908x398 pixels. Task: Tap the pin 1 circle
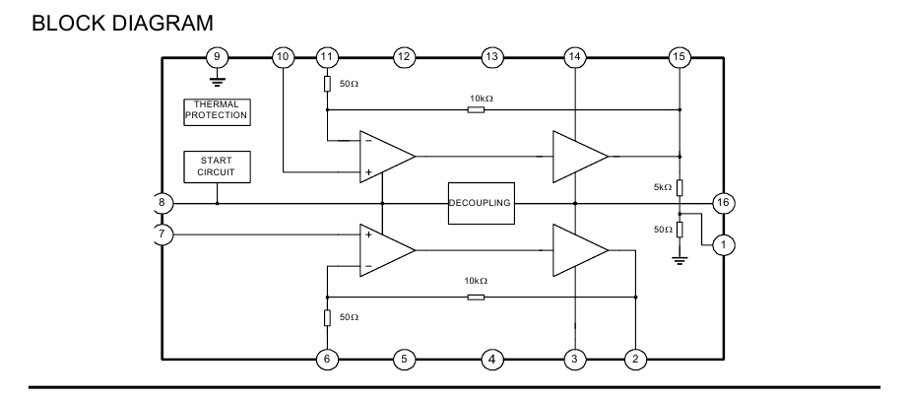(723, 243)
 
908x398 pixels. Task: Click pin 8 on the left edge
(163, 203)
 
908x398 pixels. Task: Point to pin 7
(163, 234)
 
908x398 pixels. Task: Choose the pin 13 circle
(491, 56)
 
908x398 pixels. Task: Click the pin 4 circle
(491, 359)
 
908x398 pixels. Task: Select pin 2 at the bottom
(636, 359)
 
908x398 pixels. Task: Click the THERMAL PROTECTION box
(217, 110)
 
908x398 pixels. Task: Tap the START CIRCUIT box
(217, 166)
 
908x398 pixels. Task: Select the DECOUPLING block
(480, 203)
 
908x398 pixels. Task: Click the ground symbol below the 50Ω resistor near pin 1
(680, 260)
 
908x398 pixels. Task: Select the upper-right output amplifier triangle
(578, 156)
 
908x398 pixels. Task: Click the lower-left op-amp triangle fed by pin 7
(385, 250)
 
